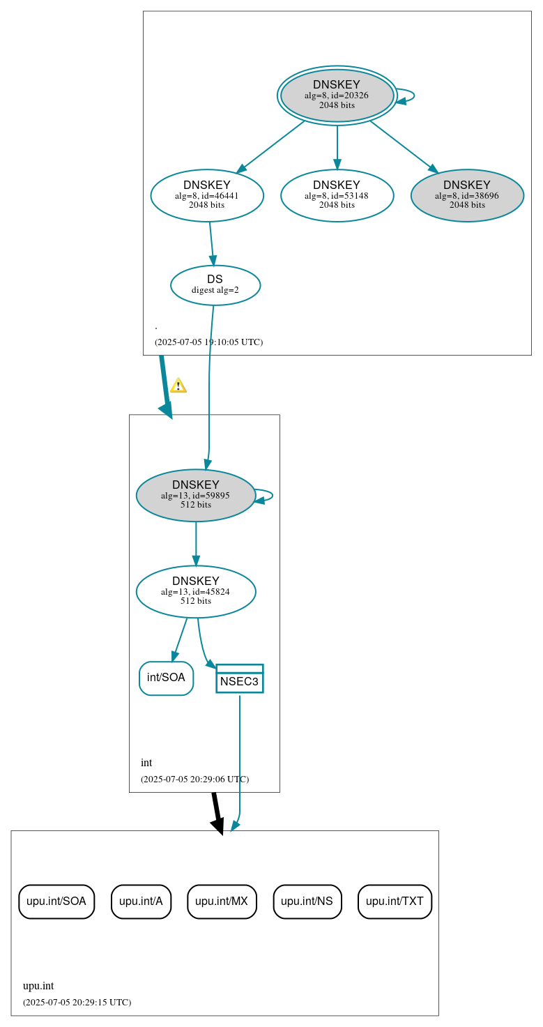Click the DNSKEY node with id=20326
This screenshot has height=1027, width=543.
coord(337,96)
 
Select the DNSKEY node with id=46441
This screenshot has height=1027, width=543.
coord(207,196)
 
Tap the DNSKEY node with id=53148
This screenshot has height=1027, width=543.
coord(337,196)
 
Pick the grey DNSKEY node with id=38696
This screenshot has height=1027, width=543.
coord(467,196)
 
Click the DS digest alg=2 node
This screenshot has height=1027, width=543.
coord(215,285)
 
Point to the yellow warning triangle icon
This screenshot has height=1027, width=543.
coord(178,386)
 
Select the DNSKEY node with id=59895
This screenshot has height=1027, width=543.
coord(196,496)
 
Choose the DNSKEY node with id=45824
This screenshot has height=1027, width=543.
coord(196,592)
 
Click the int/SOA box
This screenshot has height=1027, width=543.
coord(166,678)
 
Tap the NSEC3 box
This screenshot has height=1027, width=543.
coord(240,679)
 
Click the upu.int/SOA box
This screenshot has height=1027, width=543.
coord(56,902)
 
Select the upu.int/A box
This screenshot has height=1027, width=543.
coord(141,902)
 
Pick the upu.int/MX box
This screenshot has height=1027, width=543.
coord(222,902)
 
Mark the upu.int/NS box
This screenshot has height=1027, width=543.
coord(307,902)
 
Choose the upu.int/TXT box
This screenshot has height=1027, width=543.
coord(395,902)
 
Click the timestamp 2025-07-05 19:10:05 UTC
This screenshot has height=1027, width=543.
coord(208,342)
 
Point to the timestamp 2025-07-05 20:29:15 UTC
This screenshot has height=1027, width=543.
coord(77,1003)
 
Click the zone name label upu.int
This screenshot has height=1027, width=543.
coord(38,986)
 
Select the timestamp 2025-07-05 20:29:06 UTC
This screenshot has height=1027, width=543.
coord(194,779)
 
